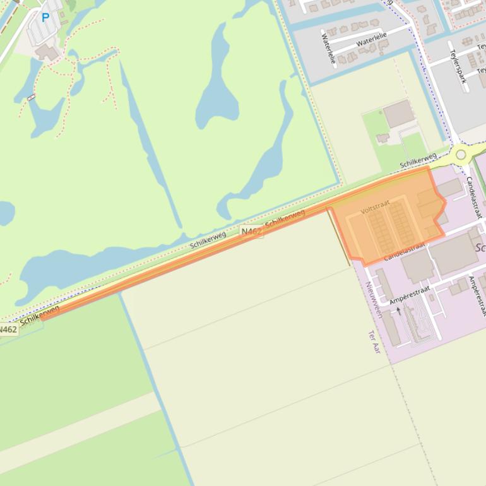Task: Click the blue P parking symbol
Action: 45,18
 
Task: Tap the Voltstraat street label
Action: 375,206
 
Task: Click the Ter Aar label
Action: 375,341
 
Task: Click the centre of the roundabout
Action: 461,154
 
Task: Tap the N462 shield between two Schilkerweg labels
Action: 251,232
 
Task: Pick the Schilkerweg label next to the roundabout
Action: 418,161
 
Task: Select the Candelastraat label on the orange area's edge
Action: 405,251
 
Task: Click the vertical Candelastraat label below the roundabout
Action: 473,196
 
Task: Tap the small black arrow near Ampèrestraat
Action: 398,311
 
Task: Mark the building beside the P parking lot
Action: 46,52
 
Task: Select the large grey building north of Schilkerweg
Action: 398,114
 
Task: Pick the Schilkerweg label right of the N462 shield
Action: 285,219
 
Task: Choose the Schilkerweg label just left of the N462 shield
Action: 208,239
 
